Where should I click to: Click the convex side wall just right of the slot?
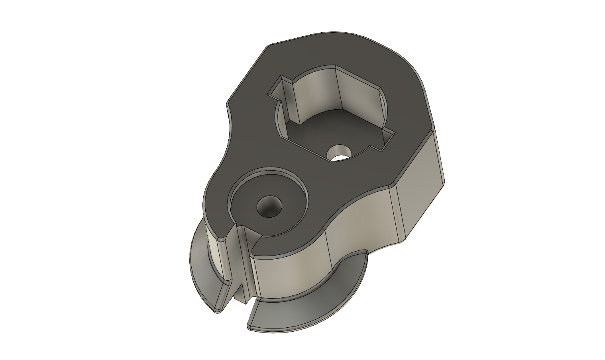(287, 275)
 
